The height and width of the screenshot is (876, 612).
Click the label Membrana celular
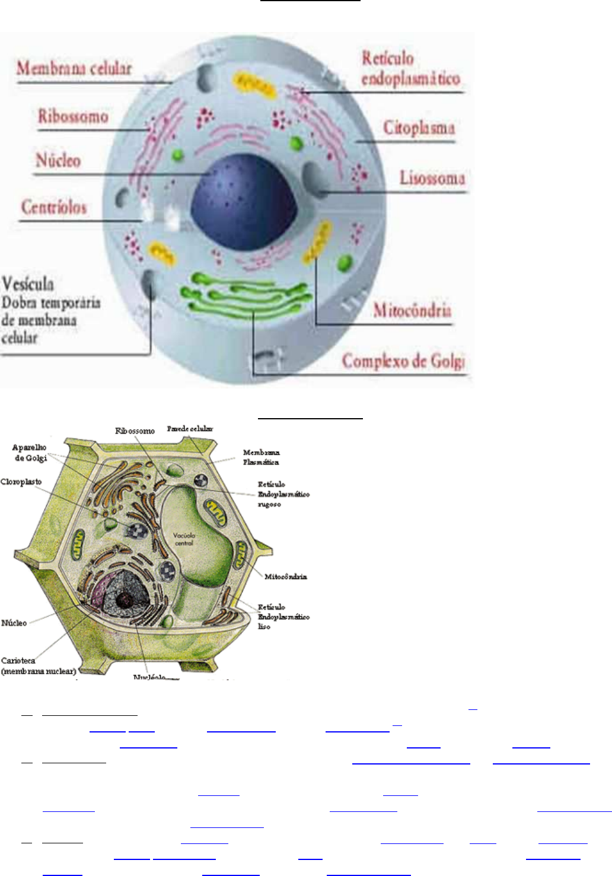coord(74,68)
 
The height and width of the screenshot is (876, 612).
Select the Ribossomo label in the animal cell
coord(73,116)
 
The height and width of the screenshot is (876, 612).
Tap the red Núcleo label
coord(58,160)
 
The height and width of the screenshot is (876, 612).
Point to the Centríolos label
coord(54,207)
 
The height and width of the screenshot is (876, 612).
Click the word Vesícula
coord(28,283)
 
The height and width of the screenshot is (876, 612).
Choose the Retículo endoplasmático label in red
coord(410,69)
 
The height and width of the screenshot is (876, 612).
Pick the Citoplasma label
coord(419,128)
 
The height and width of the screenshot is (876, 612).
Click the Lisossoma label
coord(432,177)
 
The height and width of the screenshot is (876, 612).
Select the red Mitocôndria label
coord(412,310)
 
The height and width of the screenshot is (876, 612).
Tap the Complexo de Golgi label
coord(403,361)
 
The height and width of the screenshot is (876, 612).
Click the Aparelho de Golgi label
coord(30,453)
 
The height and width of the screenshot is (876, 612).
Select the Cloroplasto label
coord(21,482)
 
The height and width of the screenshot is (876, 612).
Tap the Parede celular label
coord(190,429)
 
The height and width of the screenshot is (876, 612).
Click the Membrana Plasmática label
coord(261,457)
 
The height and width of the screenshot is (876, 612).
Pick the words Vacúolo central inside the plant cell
coord(184,539)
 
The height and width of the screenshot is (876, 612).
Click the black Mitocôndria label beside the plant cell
coord(286,576)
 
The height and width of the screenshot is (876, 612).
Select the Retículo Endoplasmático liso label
coord(283,617)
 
